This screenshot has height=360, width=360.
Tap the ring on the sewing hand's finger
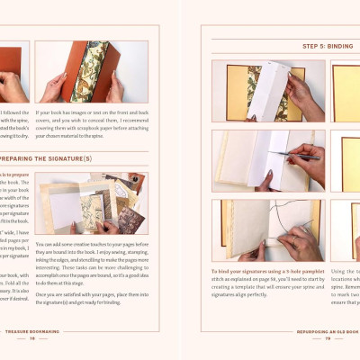click(292, 240)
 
